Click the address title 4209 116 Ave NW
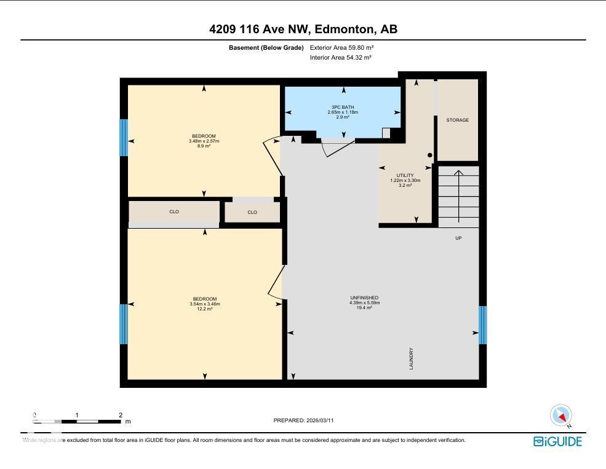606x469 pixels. point(303,30)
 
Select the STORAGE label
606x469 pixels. point(457,120)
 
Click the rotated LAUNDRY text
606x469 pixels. point(411,358)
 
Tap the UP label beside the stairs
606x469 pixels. point(458,238)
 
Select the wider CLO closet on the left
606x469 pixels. point(174,212)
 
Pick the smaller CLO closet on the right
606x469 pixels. point(252,213)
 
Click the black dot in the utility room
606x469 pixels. point(430,156)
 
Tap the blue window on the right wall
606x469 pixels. point(482,325)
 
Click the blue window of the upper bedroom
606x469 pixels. point(124,138)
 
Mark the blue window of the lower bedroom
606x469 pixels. point(124,324)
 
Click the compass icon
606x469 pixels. point(561,416)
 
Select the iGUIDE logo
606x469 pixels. point(557,441)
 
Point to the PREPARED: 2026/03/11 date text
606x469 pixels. point(303,420)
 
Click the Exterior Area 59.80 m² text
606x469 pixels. point(342,47)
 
